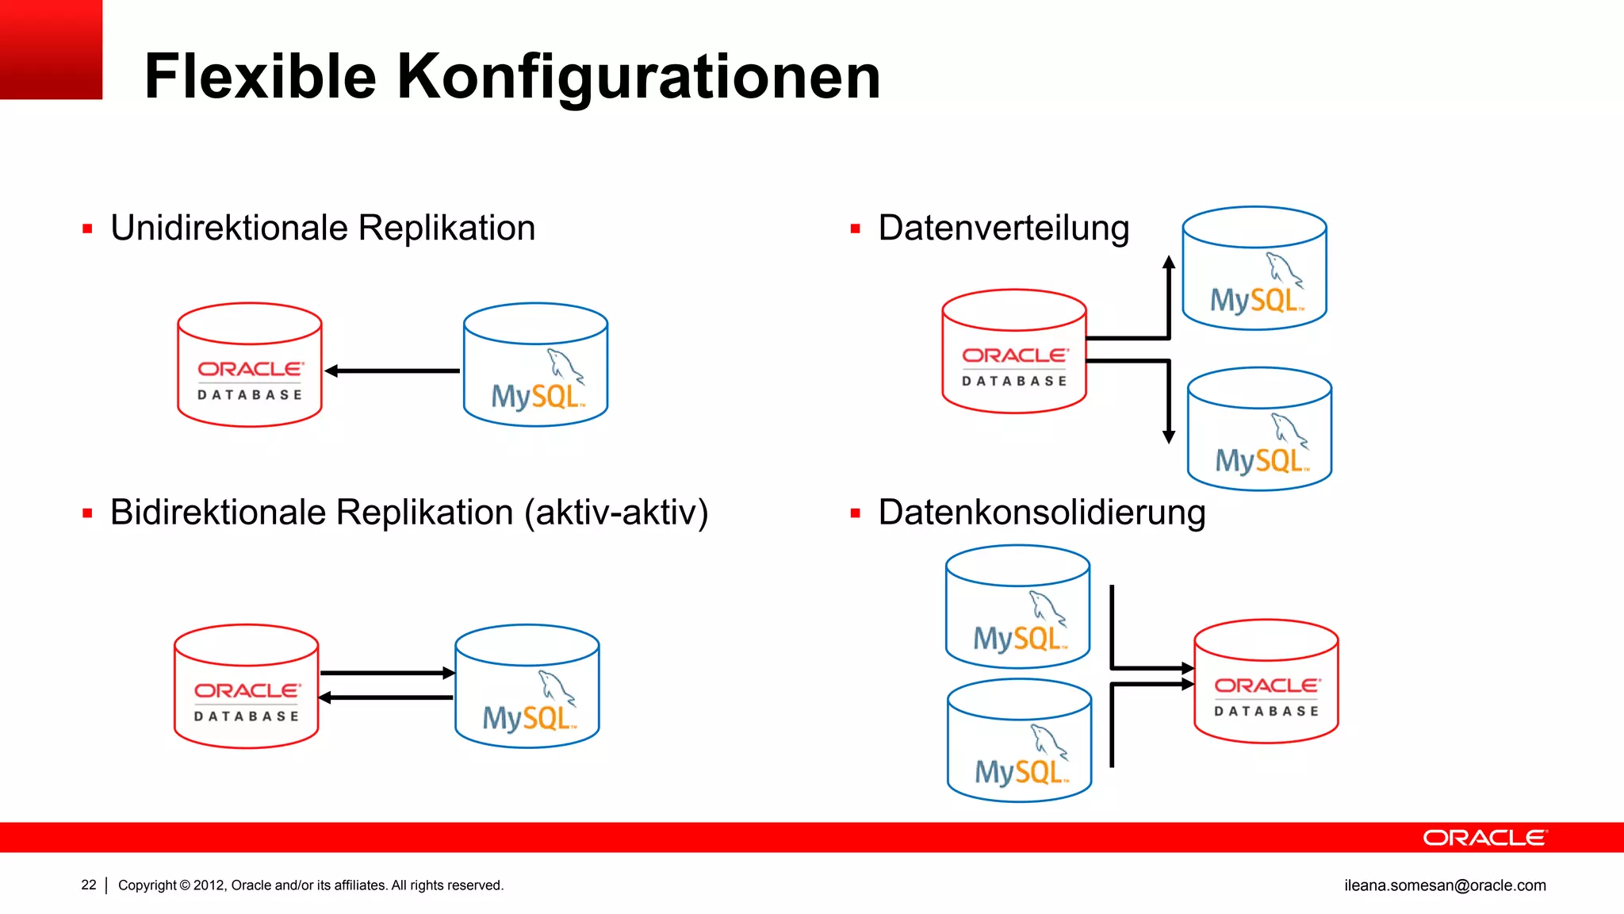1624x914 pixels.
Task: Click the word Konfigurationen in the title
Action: point(638,77)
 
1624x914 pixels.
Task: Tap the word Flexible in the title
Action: point(260,77)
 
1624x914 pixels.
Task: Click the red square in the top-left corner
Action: point(51,49)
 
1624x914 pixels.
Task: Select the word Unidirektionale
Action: point(229,228)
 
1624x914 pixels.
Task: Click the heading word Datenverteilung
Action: point(1003,228)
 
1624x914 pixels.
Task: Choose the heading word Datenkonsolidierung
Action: point(1042,513)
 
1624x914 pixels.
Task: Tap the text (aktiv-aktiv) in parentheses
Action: point(616,513)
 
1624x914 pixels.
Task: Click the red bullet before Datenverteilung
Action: point(855,229)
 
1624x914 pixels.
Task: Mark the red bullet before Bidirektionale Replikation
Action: point(87,513)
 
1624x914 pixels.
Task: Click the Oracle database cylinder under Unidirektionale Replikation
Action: point(250,365)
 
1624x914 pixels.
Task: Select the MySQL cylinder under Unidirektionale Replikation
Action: point(535,365)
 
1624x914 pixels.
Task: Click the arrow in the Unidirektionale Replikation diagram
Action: point(392,371)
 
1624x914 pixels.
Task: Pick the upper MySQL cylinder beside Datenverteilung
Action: point(1254,268)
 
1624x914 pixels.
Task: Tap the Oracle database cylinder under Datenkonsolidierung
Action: point(1266,681)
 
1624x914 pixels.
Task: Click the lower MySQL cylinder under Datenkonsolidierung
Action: point(1019,740)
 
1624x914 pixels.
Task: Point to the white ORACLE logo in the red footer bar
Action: point(1484,838)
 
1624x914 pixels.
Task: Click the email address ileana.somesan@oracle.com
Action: point(1445,885)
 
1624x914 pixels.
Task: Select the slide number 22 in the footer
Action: point(89,885)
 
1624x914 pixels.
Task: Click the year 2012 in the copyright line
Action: point(209,885)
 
